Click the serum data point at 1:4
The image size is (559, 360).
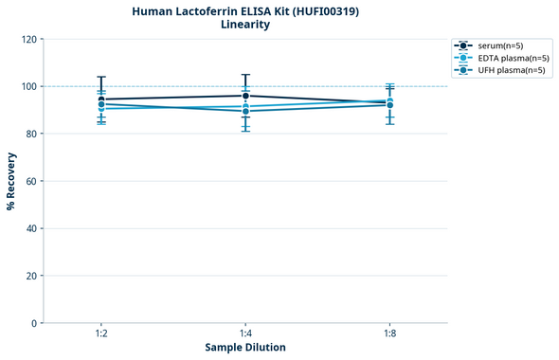[x=245, y=96]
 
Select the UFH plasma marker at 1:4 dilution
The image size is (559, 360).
[x=245, y=111]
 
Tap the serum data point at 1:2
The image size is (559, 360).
[x=101, y=99]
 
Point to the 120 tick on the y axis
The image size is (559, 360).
[x=27, y=40]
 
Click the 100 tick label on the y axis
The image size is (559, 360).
[x=27, y=87]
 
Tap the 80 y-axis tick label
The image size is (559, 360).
[x=29, y=135]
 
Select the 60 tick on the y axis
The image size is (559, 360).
[x=29, y=182]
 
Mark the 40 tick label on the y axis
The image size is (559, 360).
[x=29, y=229]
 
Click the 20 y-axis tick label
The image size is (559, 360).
[x=29, y=277]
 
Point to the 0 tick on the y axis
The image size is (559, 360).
[x=33, y=324]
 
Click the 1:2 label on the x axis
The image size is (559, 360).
[x=101, y=334]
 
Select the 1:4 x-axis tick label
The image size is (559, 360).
[x=245, y=334]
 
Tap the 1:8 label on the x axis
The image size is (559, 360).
[x=389, y=334]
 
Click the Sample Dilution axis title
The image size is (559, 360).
[x=245, y=348]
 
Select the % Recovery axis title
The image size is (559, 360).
[x=11, y=181]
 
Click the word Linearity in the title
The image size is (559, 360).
[x=244, y=25]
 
